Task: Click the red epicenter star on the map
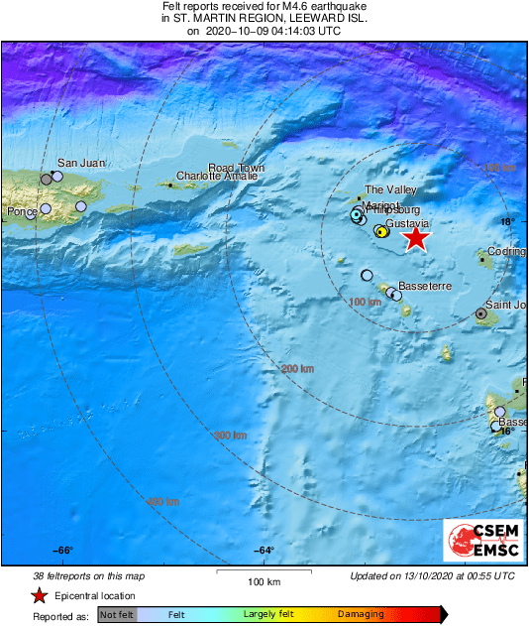(417, 238)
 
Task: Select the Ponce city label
(21, 211)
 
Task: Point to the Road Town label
(236, 168)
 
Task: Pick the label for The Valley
(390, 189)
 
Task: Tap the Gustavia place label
(406, 224)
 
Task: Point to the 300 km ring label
(230, 435)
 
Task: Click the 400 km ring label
(162, 502)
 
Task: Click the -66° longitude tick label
(63, 551)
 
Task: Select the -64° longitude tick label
(264, 551)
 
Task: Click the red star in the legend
(39, 595)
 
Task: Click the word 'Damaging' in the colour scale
(361, 615)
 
